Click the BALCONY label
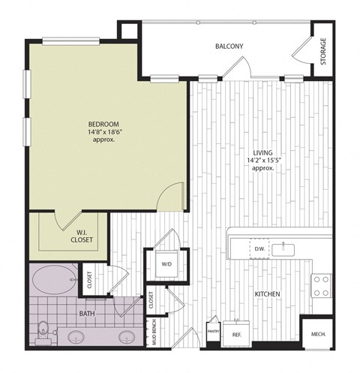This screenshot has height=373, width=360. [x=229, y=47]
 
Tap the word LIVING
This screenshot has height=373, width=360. [x=262, y=152]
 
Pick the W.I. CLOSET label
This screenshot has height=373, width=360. [x=82, y=236]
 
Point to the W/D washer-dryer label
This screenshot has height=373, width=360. [x=166, y=263]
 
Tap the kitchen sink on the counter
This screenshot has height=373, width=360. [x=286, y=247]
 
